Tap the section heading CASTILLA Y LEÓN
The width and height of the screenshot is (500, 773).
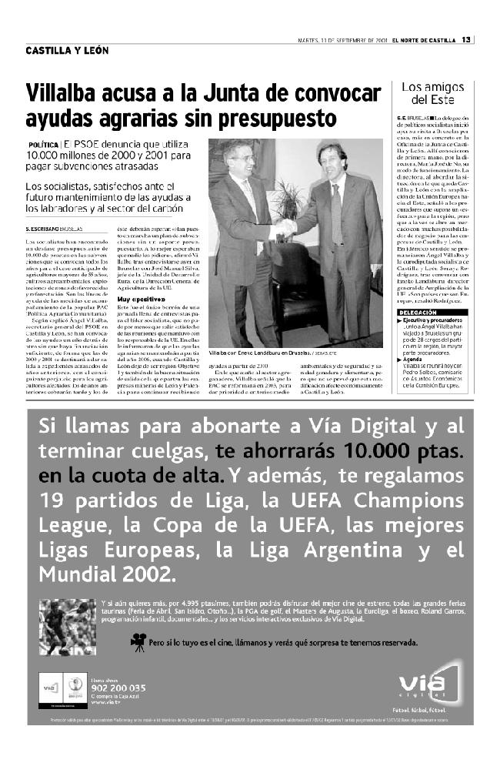[x=66, y=52]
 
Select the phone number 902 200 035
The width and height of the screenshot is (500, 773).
[x=117, y=688]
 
